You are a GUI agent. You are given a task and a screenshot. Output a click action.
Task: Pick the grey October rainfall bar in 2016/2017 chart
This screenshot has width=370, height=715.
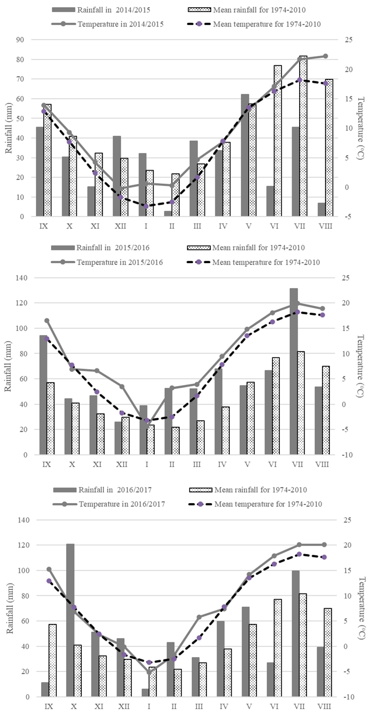[70, 620]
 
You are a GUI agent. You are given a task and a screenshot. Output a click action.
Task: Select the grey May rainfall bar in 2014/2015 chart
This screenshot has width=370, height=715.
[245, 155]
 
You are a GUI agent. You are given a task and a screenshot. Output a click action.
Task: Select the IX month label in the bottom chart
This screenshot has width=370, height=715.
[49, 706]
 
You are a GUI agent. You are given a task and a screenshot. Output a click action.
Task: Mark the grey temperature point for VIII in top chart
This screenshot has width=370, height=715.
[326, 56]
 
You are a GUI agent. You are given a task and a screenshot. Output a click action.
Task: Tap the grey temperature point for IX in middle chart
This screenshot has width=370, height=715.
[47, 321]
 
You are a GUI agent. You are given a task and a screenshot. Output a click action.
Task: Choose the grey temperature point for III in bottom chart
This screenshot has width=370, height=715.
[199, 617]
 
